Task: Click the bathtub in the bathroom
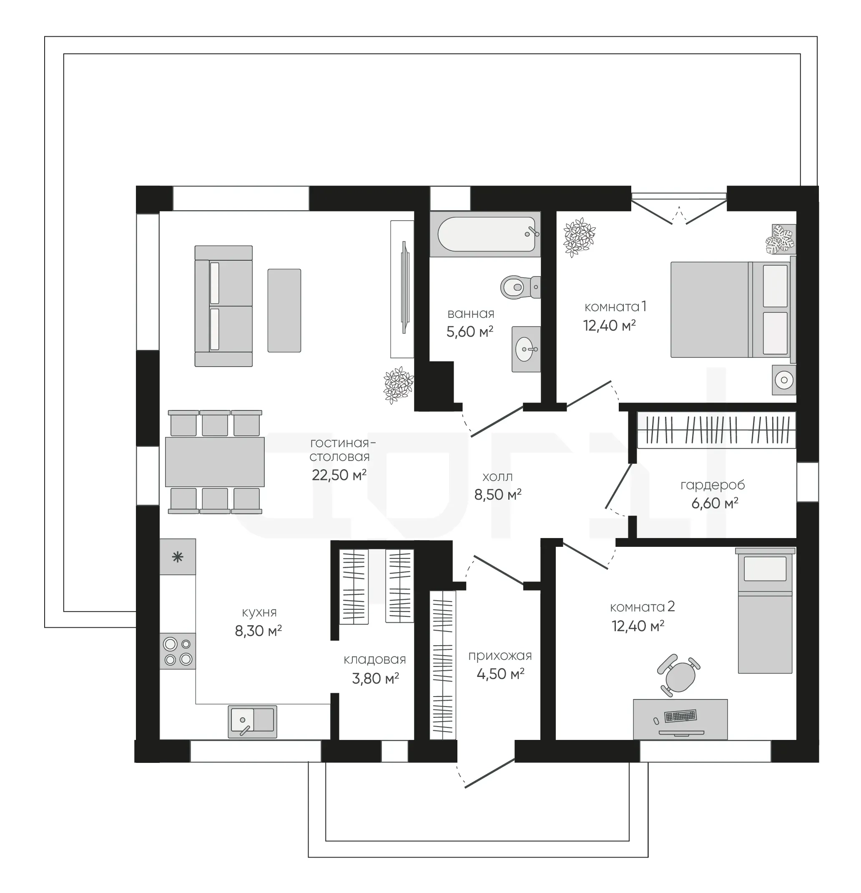(x=485, y=234)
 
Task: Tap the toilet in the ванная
(x=520, y=287)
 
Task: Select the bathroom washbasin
(x=526, y=349)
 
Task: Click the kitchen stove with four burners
(x=178, y=651)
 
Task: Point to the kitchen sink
(x=252, y=722)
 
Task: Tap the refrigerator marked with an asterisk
(x=178, y=557)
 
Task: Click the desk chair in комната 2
(x=679, y=675)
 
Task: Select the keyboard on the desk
(x=680, y=716)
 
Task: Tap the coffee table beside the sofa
(x=284, y=310)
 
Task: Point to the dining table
(x=215, y=462)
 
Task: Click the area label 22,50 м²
(x=339, y=475)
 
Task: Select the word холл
(x=497, y=477)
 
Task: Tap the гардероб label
(x=713, y=485)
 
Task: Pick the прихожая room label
(x=500, y=656)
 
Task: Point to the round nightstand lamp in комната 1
(x=784, y=380)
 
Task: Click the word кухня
(x=259, y=612)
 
